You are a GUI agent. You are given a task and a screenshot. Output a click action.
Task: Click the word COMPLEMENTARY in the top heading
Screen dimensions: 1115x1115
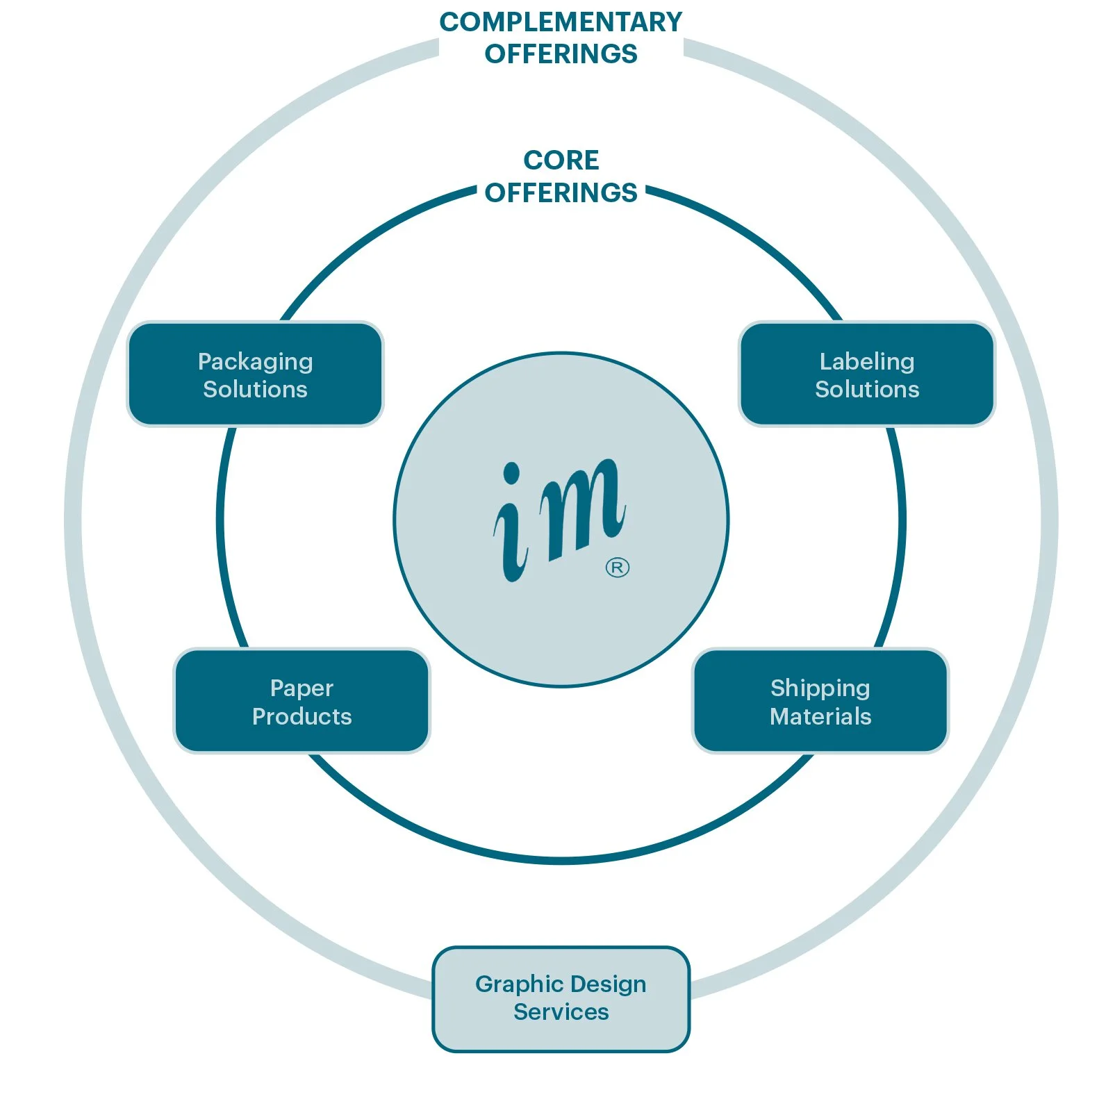[x=561, y=22]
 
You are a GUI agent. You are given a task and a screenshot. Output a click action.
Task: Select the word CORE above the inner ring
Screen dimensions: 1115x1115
[x=561, y=160]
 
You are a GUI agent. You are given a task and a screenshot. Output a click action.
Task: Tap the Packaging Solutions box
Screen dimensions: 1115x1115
[x=255, y=374]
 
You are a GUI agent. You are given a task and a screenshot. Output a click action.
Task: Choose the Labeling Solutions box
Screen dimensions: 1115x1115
[x=866, y=374]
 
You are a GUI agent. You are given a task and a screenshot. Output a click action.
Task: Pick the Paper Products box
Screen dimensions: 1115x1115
[x=302, y=701]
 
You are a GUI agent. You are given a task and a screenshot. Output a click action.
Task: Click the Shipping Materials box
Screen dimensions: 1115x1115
[x=820, y=701]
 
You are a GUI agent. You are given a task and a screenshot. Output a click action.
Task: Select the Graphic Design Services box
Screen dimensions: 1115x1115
[x=561, y=998]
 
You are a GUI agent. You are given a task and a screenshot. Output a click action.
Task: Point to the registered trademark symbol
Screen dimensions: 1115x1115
[x=617, y=568]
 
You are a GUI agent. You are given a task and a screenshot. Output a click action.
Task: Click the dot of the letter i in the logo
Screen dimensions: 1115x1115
[x=511, y=474]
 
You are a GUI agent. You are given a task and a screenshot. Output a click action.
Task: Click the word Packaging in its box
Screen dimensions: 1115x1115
[x=255, y=362]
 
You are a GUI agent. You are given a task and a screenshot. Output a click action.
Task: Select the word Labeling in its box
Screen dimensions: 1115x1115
[x=866, y=361]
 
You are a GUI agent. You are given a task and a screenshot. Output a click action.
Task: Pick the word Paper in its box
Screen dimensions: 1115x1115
[x=302, y=688]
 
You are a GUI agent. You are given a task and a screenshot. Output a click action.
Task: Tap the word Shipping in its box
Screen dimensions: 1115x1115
[x=820, y=688]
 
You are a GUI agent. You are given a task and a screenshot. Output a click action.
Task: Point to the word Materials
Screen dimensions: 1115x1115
[x=820, y=716]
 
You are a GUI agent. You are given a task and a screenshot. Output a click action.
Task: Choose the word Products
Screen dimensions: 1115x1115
[x=302, y=716]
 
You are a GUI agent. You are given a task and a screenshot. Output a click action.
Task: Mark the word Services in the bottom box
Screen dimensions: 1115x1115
[x=561, y=1012]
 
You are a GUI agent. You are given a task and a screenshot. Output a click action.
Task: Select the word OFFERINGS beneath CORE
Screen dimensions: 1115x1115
[x=561, y=192]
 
